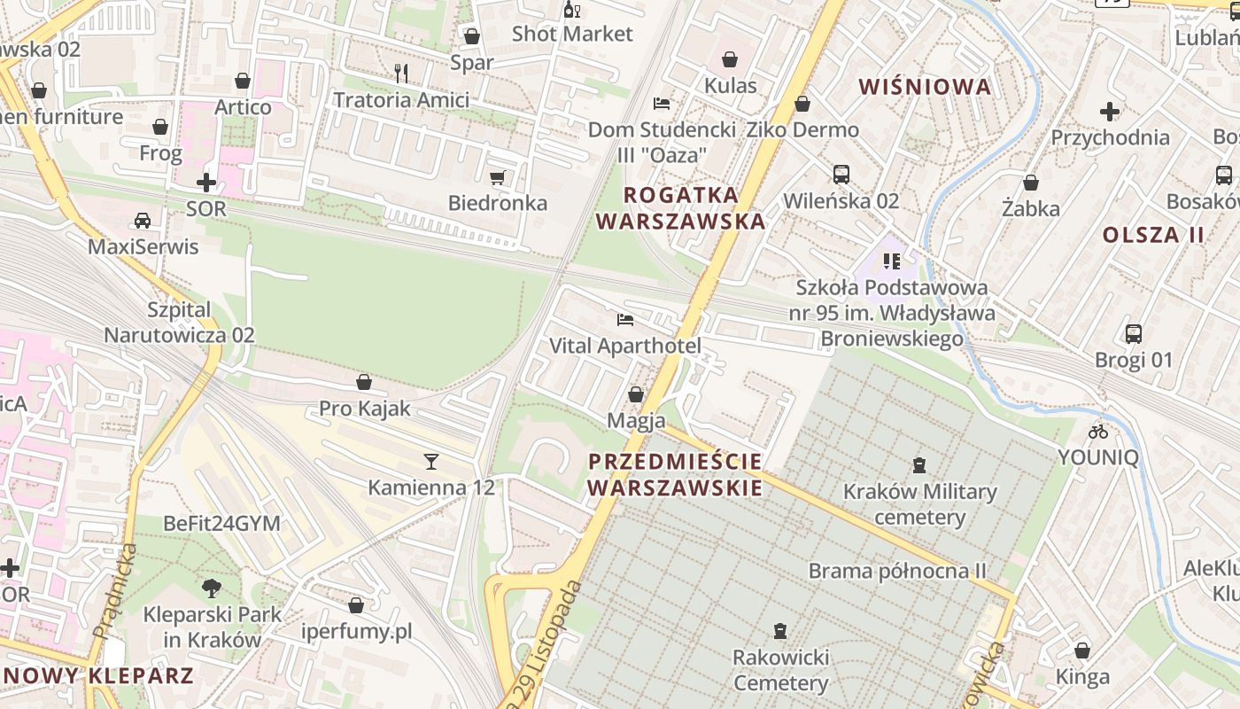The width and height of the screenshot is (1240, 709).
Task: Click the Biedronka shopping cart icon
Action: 497,178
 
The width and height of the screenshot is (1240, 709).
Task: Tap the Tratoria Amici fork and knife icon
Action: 401,74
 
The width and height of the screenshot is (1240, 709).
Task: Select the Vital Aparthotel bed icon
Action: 625,320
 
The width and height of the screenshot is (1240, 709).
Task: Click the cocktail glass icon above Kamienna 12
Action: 431,461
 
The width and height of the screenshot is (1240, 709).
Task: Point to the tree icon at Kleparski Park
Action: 211,588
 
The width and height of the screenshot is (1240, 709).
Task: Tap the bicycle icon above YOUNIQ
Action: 1098,432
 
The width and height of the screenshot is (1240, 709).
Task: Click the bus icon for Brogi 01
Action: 1133,334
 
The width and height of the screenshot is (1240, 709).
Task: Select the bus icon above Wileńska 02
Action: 841,175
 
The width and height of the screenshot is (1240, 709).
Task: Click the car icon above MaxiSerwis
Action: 143,220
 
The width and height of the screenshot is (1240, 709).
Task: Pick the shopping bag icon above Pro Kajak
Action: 364,382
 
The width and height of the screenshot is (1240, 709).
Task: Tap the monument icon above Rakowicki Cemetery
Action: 779,631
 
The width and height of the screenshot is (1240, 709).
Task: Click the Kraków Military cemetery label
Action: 919,504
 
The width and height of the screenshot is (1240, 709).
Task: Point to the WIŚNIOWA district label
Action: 925,87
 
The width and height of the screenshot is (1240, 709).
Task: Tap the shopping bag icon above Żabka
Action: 1030,183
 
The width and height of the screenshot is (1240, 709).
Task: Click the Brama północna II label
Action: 896,571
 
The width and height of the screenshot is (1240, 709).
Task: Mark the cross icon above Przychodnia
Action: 1109,112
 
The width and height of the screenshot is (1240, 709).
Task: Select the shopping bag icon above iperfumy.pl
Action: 356,605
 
